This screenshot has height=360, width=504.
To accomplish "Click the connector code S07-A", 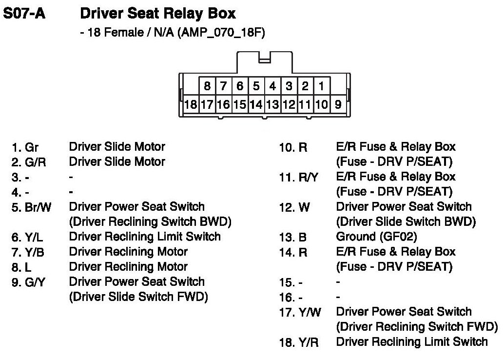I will pos(24,13).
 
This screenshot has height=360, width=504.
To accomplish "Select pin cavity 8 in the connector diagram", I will pos(207,87).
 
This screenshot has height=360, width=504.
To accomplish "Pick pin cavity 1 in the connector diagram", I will pos(321,87).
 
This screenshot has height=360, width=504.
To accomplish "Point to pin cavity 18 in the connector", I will pos(191,104).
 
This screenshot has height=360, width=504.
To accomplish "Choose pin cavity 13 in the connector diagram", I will pos(272,104).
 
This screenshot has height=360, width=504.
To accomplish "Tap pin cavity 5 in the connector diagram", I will pos(256,87).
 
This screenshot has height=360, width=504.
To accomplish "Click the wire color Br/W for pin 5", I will pos(38,207).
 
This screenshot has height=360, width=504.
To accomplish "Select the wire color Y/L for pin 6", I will pos(34,238).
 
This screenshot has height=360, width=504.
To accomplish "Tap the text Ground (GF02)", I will pos(376,237).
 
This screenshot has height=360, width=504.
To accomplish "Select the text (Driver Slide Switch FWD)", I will pos(139,297).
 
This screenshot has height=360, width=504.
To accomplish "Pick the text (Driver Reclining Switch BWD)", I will pos(150,221).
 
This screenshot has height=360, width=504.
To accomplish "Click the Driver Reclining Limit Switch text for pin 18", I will pos(412,342).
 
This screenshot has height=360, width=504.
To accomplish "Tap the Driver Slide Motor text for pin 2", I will pos(117,161).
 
